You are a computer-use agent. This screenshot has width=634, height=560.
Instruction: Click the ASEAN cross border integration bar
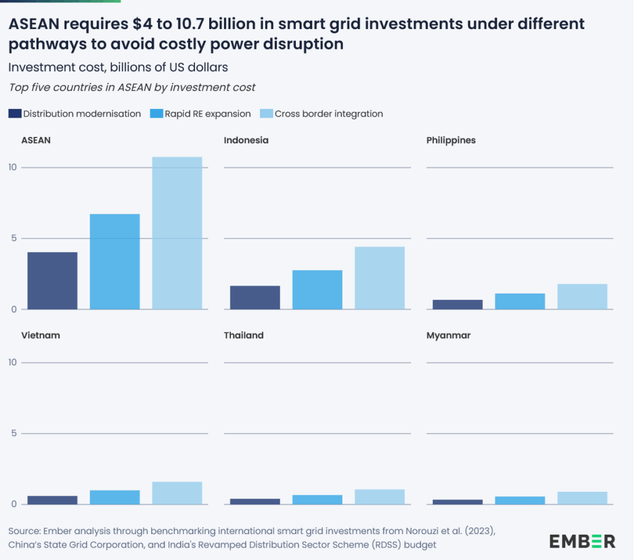(177, 233)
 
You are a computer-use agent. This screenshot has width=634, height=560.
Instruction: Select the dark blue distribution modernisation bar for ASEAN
(53, 281)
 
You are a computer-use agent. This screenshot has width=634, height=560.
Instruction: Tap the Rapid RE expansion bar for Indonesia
(317, 290)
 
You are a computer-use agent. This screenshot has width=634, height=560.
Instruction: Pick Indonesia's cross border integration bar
(380, 278)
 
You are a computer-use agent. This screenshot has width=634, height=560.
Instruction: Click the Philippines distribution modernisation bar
(458, 304)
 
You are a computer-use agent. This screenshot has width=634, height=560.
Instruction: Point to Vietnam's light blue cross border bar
(177, 493)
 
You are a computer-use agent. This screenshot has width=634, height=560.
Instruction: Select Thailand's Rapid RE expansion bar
(317, 499)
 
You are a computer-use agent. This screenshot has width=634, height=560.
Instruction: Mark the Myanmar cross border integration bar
(582, 498)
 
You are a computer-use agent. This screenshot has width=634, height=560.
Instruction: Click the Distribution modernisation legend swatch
(15, 114)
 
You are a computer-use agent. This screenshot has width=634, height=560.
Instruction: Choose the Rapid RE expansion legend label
(207, 114)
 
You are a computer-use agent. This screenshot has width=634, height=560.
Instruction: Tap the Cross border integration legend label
(329, 114)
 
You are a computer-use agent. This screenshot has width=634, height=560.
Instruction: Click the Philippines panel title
(451, 140)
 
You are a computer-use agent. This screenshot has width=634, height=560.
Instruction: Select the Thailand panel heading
(243, 335)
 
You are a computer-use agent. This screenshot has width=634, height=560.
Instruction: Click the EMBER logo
(582, 541)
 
